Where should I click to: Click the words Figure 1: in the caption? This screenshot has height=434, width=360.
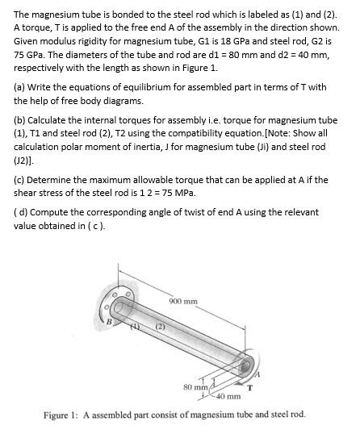coord(65,414)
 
